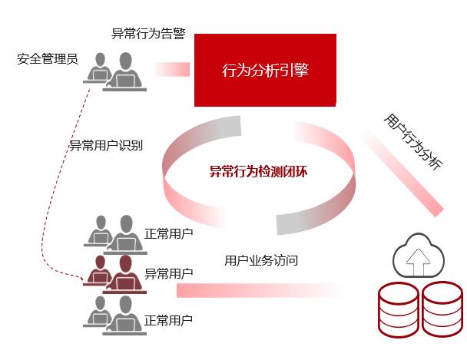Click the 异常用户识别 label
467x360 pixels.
point(105,145)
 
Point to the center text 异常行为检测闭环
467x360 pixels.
point(259,171)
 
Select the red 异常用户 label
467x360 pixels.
point(168,273)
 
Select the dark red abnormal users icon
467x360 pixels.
point(114,275)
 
